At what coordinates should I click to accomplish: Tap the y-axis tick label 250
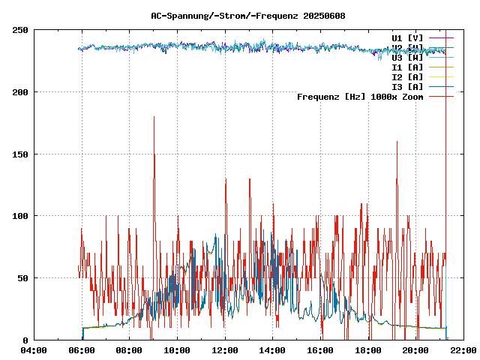20,30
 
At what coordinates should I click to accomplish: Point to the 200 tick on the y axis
20,92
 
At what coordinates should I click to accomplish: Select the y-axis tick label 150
20,154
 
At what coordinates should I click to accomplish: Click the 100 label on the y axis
20,216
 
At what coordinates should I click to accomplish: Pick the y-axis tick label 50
22,278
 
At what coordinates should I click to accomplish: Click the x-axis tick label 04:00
34,350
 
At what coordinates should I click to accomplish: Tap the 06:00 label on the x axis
82,350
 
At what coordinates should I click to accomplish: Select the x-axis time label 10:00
177,350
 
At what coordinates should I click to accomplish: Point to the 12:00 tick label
225,350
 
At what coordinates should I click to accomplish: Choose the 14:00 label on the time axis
272,350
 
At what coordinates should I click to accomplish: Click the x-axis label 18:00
367,350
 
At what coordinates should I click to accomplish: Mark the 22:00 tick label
463,350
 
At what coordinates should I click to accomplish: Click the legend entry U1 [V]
407,37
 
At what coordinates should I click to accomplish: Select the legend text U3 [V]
407,57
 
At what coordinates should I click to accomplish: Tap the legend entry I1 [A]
407,67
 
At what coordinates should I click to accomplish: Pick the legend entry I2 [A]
407,76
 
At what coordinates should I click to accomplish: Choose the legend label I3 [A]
407,86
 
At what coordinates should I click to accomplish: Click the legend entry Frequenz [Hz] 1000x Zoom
360,96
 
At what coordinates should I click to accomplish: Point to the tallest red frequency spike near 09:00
154,118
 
